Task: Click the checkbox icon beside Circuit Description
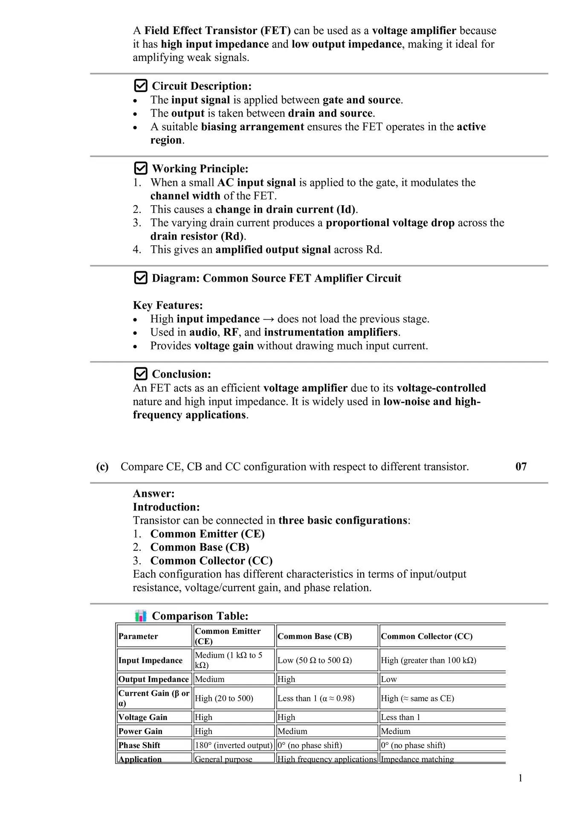coord(141,86)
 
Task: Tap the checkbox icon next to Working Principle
coord(141,168)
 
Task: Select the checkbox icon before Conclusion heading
coord(141,374)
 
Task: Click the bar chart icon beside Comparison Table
coord(141,616)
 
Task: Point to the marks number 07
coord(521,466)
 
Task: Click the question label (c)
coord(102,467)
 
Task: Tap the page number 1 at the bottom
coord(520,778)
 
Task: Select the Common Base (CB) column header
coord(315,636)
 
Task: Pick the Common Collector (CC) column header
coord(427,636)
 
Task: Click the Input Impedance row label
coord(151,660)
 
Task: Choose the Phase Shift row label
coord(139,745)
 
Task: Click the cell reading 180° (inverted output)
coord(233,745)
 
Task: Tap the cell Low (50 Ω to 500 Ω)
coord(315,660)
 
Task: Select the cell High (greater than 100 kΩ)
coord(428,660)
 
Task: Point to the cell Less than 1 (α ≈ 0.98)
coord(316,698)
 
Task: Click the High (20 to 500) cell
coord(224,698)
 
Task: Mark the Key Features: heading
coord(168,305)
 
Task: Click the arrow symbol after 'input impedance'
coord(269,319)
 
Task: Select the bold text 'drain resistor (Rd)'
coord(197,236)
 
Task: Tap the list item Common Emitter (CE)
coord(207,534)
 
